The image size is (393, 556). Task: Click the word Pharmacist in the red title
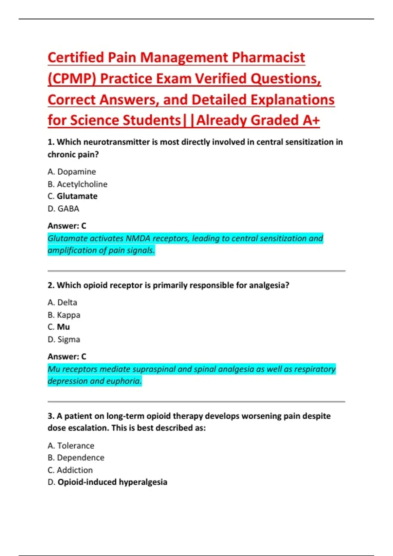click(269, 58)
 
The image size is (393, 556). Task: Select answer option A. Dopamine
click(72, 172)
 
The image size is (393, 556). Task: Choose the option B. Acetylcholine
click(78, 184)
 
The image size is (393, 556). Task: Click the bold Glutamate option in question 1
click(77, 196)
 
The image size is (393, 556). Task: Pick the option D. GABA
click(64, 209)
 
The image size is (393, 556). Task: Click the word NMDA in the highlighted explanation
click(138, 238)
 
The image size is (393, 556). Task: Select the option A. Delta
click(62, 303)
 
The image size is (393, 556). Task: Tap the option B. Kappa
click(64, 315)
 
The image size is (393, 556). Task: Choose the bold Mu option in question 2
click(63, 327)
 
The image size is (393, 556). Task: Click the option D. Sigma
click(64, 339)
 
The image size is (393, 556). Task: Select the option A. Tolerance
click(71, 446)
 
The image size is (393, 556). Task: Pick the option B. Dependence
click(76, 458)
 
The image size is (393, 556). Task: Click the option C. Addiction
click(70, 470)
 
